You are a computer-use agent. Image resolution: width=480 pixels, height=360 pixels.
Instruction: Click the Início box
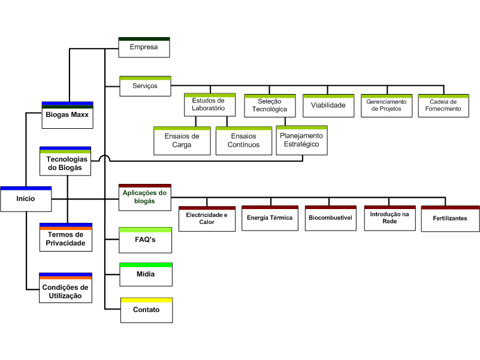[26, 199]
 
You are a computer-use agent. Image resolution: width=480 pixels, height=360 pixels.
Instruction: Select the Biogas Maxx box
[67, 115]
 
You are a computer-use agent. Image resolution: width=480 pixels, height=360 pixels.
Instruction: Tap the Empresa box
[144, 47]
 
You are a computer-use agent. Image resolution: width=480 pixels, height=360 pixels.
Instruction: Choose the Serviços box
[145, 86]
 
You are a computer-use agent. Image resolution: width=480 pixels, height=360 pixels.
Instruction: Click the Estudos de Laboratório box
[210, 105]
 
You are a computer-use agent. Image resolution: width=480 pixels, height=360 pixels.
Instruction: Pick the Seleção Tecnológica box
[270, 105]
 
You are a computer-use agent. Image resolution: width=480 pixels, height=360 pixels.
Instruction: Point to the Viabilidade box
[328, 105]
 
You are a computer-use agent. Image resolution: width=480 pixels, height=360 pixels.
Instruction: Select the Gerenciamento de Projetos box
[387, 105]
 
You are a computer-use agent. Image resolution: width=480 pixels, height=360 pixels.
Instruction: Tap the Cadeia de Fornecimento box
[443, 105]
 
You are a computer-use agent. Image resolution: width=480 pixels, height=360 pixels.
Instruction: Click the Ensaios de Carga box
[182, 141]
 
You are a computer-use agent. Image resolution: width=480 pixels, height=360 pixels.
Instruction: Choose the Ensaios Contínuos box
[244, 141]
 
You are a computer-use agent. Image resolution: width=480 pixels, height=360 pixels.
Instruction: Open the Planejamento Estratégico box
[302, 140]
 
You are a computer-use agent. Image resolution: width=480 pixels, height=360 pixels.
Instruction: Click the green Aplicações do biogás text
[144, 197]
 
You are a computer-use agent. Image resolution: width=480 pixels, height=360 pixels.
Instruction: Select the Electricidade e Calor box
[207, 219]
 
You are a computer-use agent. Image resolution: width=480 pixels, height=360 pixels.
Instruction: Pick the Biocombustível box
[331, 218]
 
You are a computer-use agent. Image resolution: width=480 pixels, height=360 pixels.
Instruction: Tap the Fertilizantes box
[450, 219]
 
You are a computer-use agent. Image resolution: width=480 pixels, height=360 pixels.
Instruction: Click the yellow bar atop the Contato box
[147, 300]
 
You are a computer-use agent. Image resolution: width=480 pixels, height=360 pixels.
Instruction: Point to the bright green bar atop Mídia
[146, 265]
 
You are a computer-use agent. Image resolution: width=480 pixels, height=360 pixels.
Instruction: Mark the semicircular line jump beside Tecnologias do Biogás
[104, 157]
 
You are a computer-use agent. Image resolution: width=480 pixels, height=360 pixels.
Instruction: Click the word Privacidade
[65, 243]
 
